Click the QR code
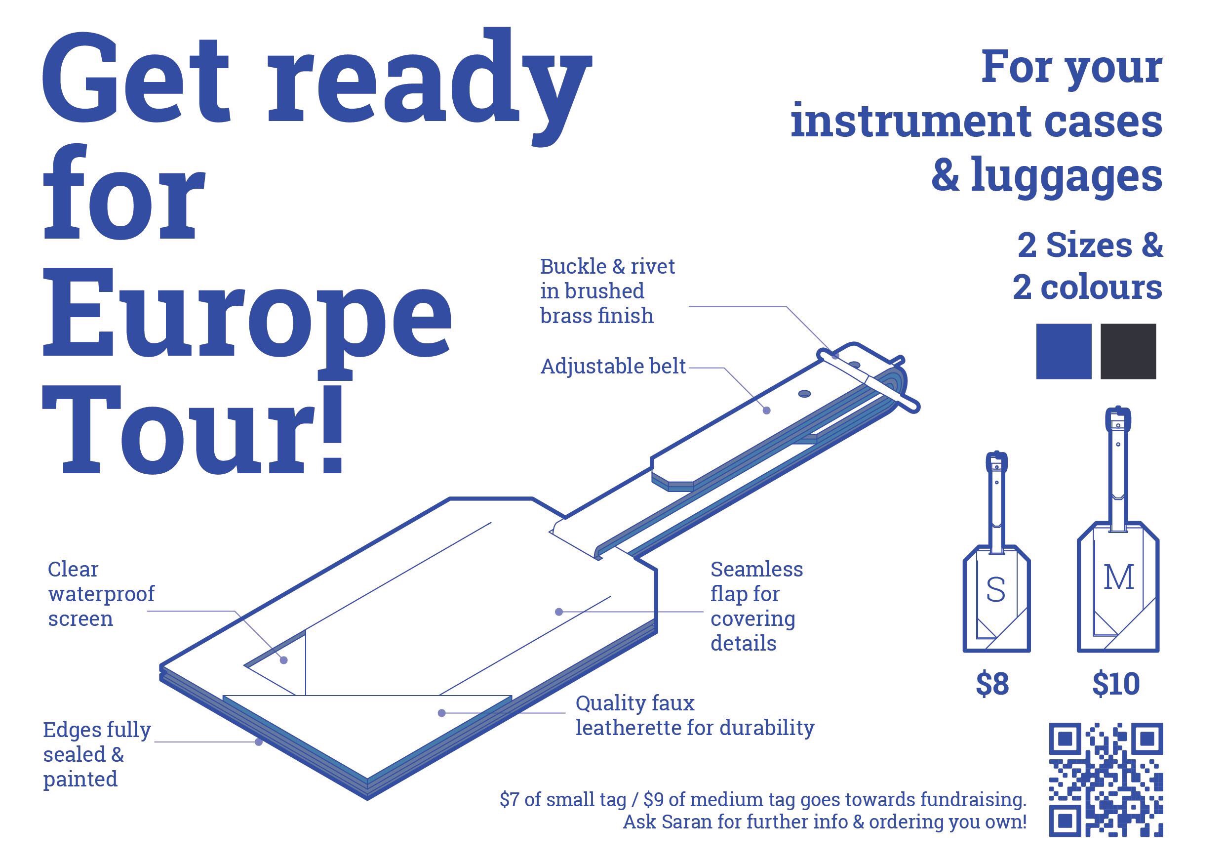[x=1106, y=780]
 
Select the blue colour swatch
[x=1064, y=351]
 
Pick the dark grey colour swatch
[x=1128, y=351]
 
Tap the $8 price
[x=992, y=684]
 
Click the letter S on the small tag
[x=995, y=590]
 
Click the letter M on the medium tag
[x=1118, y=577]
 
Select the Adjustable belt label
[x=613, y=367]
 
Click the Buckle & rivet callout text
[x=608, y=291]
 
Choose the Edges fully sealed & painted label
[x=97, y=754]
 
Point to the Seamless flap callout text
[x=756, y=606]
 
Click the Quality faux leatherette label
[x=695, y=715]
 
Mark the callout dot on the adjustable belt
[x=767, y=411]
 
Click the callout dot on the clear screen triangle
[x=284, y=660]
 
